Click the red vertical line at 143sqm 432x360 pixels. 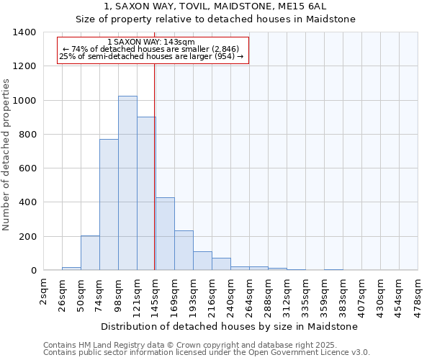coord(155,166)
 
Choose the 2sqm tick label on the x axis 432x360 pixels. coord(44,291)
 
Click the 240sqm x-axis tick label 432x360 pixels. coord(231,293)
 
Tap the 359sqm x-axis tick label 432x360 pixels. coord(325,293)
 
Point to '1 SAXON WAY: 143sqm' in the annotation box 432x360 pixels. coord(151,42)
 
